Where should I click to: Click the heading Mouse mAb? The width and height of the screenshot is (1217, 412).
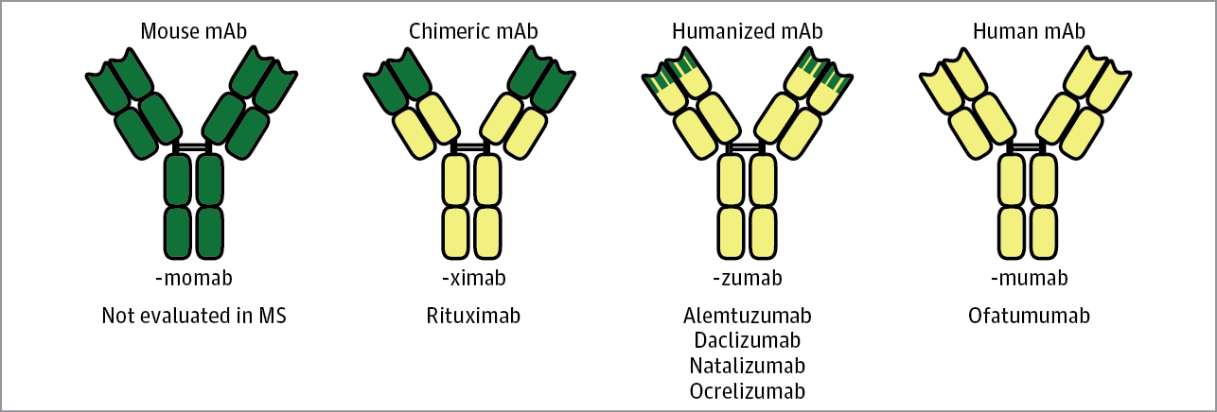[194, 31]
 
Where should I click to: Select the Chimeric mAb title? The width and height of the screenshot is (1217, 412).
[473, 31]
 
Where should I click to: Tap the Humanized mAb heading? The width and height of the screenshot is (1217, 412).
[747, 31]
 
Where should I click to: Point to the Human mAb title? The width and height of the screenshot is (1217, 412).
[1029, 31]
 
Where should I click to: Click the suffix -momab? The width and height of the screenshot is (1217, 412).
[194, 278]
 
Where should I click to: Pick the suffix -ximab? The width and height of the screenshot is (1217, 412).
[473, 278]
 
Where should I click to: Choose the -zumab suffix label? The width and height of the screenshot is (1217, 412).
[747, 278]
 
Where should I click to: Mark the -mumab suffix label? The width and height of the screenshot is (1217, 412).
[1029, 278]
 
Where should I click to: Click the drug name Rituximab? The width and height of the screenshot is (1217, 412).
[473, 315]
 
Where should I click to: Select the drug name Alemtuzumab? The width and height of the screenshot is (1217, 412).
[747, 315]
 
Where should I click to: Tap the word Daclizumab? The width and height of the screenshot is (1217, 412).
[747, 340]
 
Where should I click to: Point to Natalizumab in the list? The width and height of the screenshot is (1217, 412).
[747, 365]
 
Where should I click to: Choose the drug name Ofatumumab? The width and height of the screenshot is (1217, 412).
[1029, 315]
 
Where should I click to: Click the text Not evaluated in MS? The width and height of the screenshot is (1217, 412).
[194, 315]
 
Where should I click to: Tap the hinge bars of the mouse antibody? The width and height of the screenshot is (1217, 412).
[194, 146]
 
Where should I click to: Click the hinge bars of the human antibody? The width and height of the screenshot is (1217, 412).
[1029, 146]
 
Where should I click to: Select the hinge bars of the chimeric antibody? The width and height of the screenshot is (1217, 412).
[473, 146]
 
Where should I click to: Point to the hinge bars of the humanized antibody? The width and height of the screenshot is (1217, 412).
[747, 146]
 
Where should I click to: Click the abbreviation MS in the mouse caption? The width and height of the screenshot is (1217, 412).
[272, 315]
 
